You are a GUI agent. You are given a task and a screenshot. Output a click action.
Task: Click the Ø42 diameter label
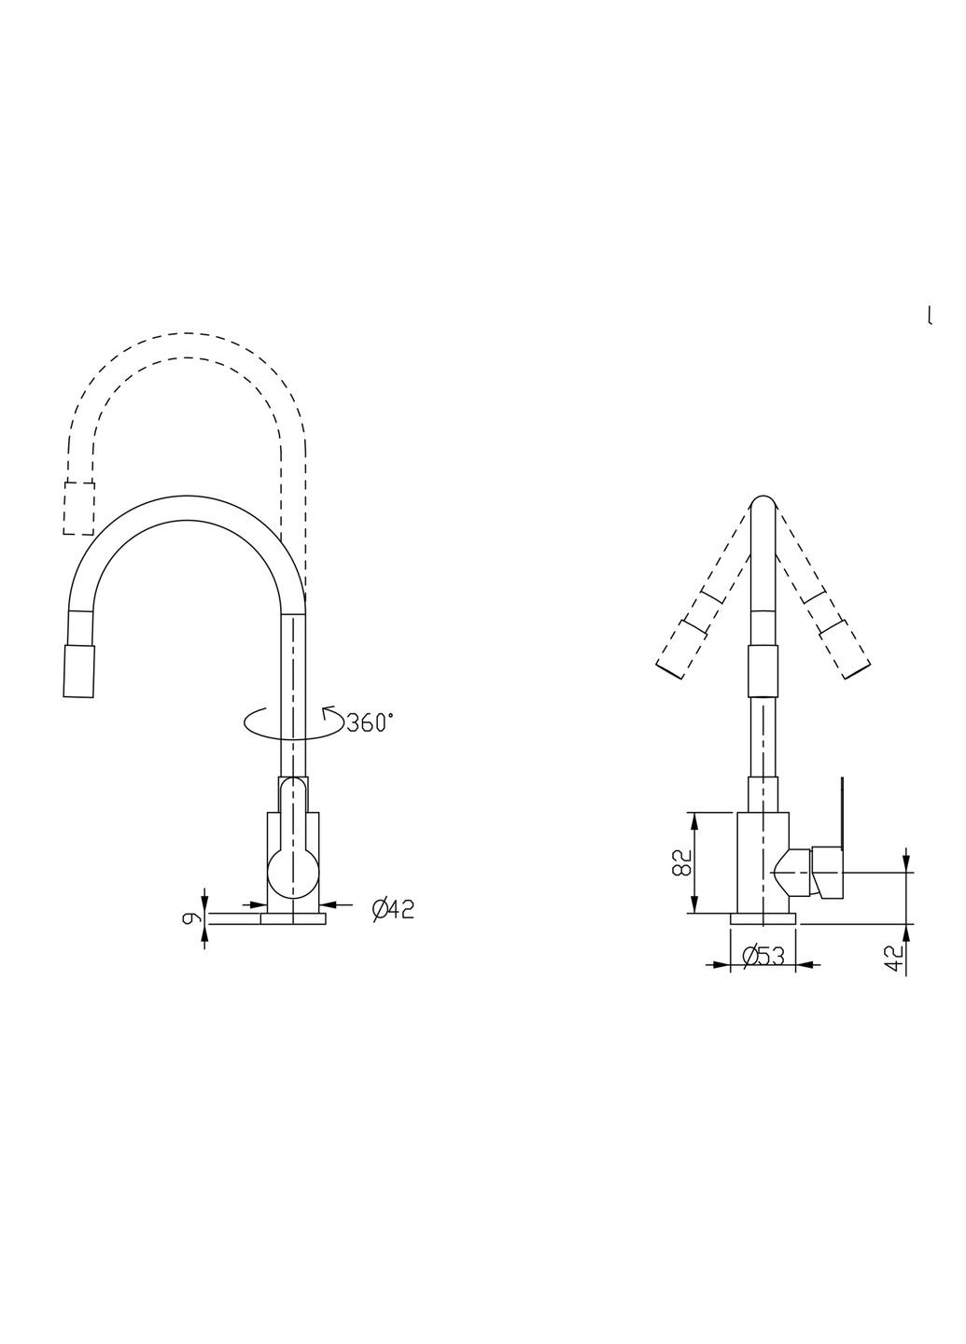tap(393, 908)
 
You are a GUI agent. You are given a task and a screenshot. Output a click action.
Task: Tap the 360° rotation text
tap(370, 722)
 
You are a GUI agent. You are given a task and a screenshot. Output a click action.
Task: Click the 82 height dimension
tap(682, 861)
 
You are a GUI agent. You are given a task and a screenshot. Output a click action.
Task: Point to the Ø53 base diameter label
tap(762, 955)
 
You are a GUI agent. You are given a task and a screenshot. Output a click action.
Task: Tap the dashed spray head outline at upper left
tap(78, 509)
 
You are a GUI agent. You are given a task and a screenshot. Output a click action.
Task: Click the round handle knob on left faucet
tap(293, 874)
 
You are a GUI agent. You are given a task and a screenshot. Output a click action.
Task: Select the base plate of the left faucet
tap(293, 919)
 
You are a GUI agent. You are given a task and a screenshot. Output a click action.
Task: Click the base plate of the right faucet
tap(763, 919)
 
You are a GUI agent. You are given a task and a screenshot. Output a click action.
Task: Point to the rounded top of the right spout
tap(763, 504)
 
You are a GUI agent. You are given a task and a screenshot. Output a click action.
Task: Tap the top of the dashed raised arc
tap(187, 334)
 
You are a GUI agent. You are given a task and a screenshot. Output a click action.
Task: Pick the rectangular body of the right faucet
tap(763, 861)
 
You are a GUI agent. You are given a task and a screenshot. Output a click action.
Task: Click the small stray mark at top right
tap(929, 315)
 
